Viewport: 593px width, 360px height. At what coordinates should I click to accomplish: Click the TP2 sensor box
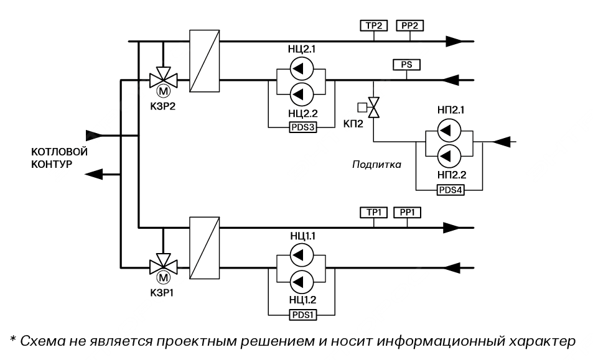(374, 25)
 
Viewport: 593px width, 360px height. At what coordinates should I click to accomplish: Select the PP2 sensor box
(409, 25)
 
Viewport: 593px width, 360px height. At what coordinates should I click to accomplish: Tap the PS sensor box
(406, 64)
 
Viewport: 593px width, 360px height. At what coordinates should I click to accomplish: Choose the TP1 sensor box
(374, 213)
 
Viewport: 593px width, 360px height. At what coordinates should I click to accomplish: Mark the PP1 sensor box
(408, 213)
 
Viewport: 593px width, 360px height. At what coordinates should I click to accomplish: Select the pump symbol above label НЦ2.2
(303, 93)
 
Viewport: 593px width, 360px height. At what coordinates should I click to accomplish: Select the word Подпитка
(376, 165)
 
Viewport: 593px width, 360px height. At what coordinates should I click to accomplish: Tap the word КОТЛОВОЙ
(60, 152)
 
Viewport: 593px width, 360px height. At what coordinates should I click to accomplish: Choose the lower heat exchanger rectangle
(204, 248)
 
